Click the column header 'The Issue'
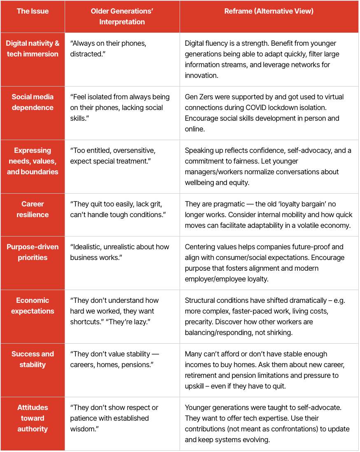[33, 11]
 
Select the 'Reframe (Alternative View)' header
[269, 11]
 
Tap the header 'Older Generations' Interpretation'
[122, 16]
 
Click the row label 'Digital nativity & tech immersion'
[33, 49]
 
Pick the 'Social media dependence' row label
[33, 102]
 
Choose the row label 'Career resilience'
[33, 209]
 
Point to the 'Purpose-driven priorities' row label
[33, 252]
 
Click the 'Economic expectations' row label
[33, 306]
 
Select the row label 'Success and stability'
[33, 359]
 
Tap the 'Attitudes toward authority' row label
[33, 418]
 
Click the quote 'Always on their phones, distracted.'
[108, 49]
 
